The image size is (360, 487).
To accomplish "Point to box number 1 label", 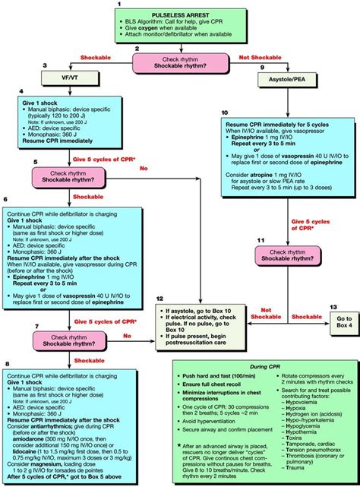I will tap(120, 4).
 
